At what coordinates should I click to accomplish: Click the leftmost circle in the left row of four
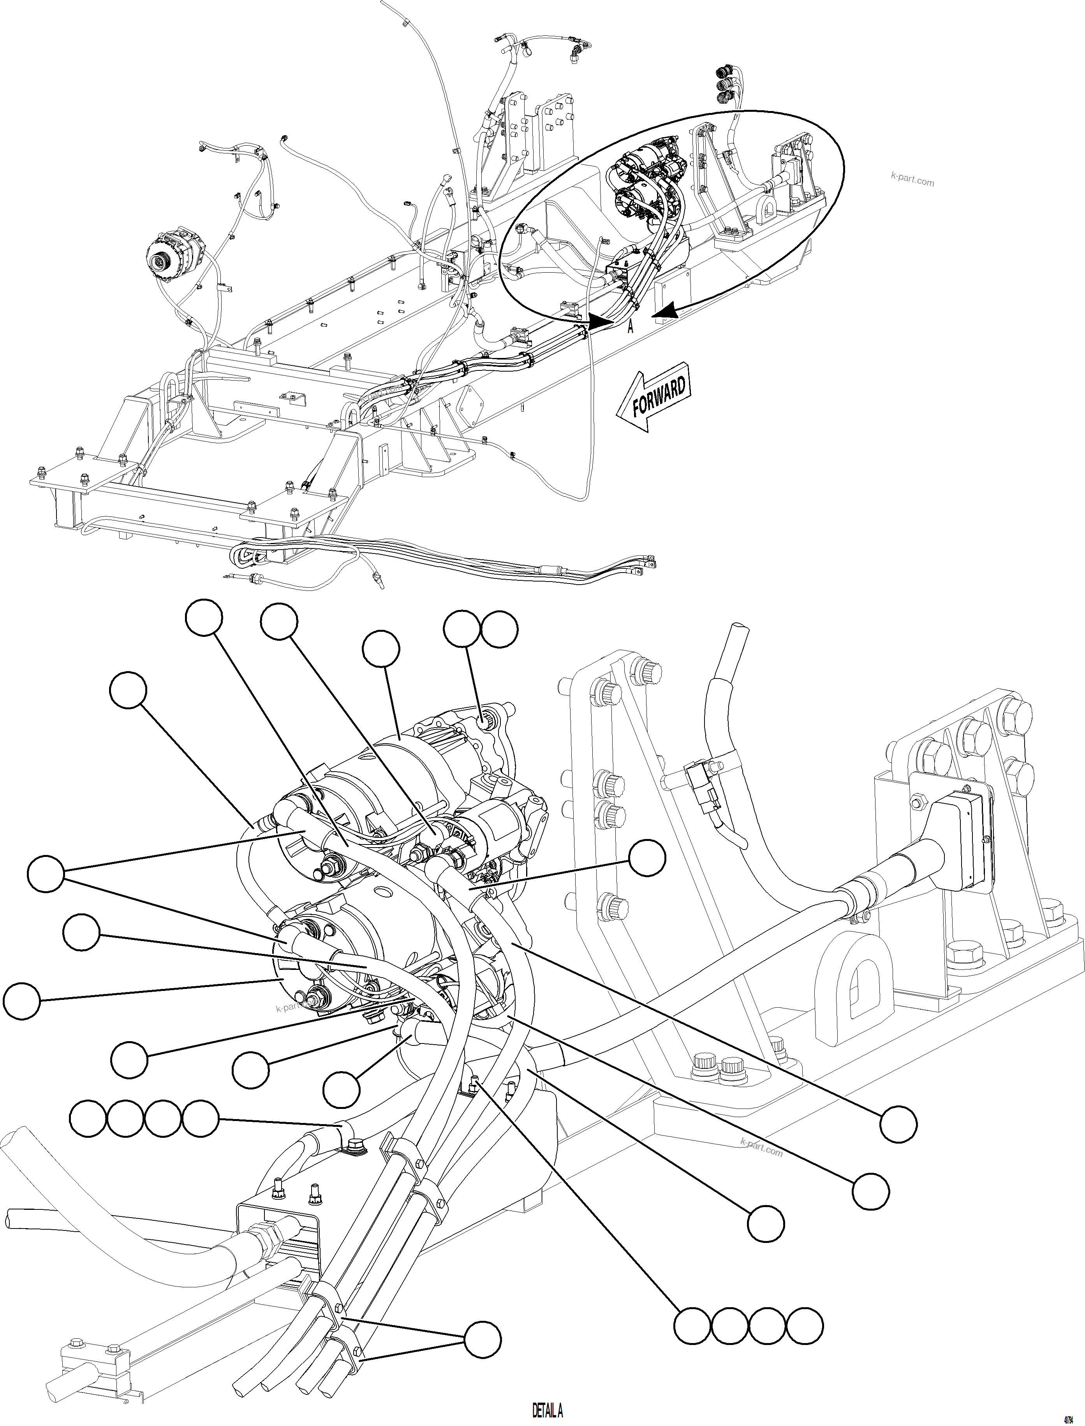(88, 1119)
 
